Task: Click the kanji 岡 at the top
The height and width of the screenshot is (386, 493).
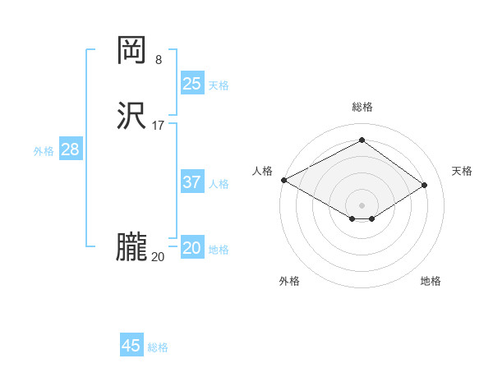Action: (131, 51)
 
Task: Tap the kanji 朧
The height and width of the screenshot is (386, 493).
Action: (131, 247)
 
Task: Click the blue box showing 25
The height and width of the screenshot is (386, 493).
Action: (192, 84)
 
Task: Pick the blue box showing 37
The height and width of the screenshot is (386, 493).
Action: (192, 182)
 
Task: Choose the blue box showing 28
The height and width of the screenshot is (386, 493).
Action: (70, 149)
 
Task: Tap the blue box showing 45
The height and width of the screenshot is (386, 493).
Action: (131, 346)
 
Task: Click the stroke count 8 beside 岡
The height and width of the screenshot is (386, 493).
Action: (159, 59)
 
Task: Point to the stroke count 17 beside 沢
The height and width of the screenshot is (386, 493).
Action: (159, 126)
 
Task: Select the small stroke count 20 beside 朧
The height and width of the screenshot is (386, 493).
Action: (158, 257)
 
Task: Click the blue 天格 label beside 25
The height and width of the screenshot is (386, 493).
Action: (219, 85)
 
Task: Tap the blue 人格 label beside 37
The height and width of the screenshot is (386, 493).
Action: (219, 184)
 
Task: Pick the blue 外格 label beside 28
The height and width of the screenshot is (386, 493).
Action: (44, 151)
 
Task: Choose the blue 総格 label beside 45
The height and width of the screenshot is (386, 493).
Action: (158, 347)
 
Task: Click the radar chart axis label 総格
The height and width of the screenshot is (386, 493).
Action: (362, 107)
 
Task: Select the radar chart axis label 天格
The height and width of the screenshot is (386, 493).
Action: (462, 171)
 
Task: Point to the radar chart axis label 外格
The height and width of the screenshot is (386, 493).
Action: (289, 281)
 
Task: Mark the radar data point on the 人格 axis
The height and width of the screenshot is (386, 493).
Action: (283, 179)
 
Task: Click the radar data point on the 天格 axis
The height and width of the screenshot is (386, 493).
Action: (425, 184)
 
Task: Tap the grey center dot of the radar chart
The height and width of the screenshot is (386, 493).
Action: (362, 204)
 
